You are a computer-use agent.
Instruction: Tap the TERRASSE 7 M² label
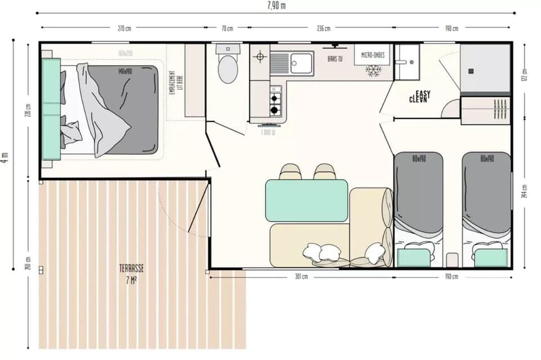click(130, 272)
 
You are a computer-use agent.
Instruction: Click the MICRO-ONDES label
click(373, 55)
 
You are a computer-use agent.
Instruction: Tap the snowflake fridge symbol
click(373, 70)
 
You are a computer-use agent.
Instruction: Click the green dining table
click(306, 200)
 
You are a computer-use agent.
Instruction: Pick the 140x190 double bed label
click(125, 72)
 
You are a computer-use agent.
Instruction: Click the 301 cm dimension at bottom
click(301, 277)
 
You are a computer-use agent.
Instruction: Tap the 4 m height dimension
click(6, 157)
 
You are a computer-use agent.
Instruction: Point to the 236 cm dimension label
click(323, 28)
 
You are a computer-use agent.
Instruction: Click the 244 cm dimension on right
click(525, 192)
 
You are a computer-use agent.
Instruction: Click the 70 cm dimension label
click(227, 28)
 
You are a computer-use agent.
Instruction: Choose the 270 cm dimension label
click(124, 28)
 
